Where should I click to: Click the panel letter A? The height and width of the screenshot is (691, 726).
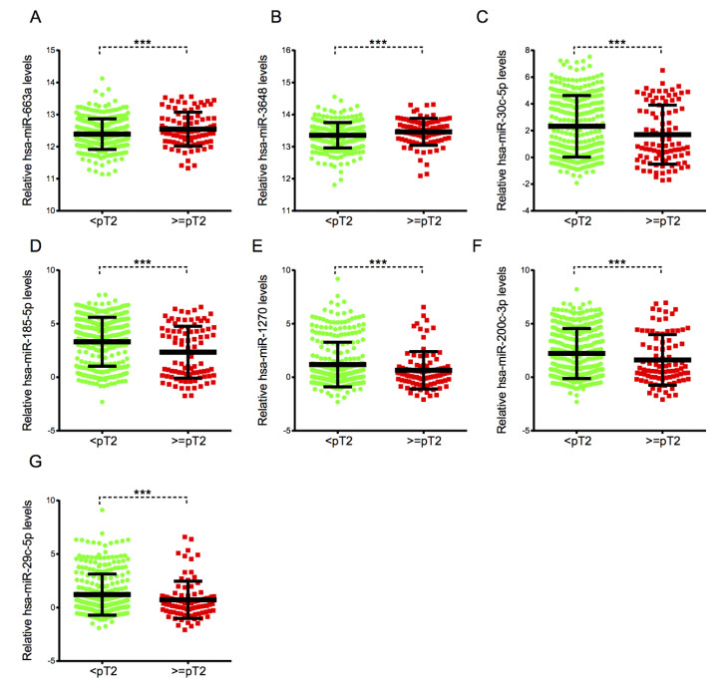(36, 18)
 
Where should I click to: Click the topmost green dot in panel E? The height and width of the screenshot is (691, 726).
(339, 279)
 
